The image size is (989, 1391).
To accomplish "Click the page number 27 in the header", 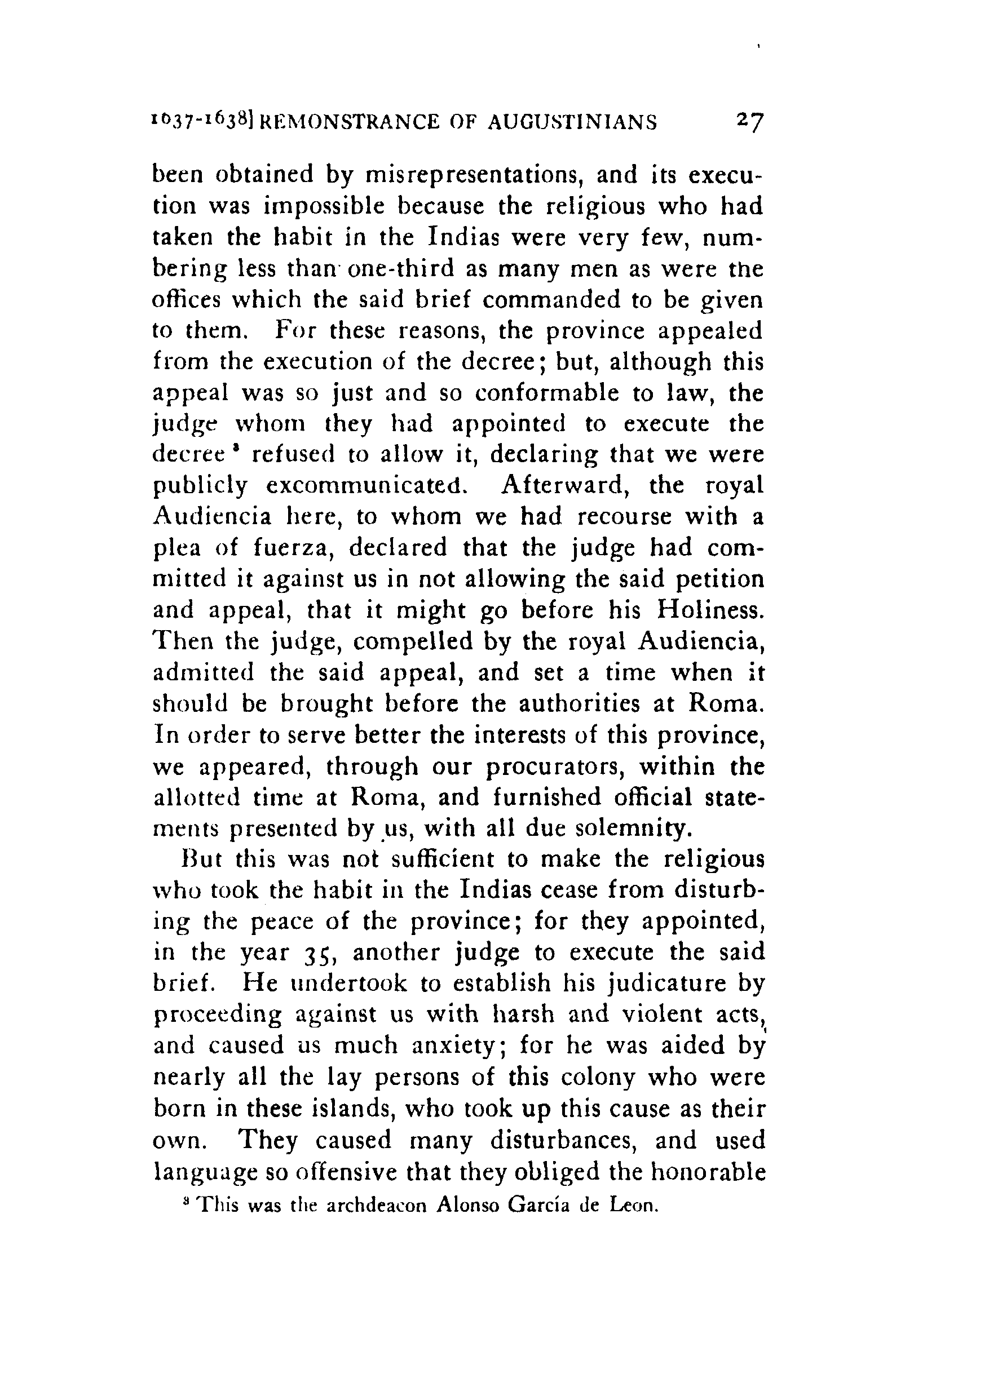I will pos(748,121).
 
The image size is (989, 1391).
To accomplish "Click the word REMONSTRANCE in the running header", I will pos(349,122).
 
